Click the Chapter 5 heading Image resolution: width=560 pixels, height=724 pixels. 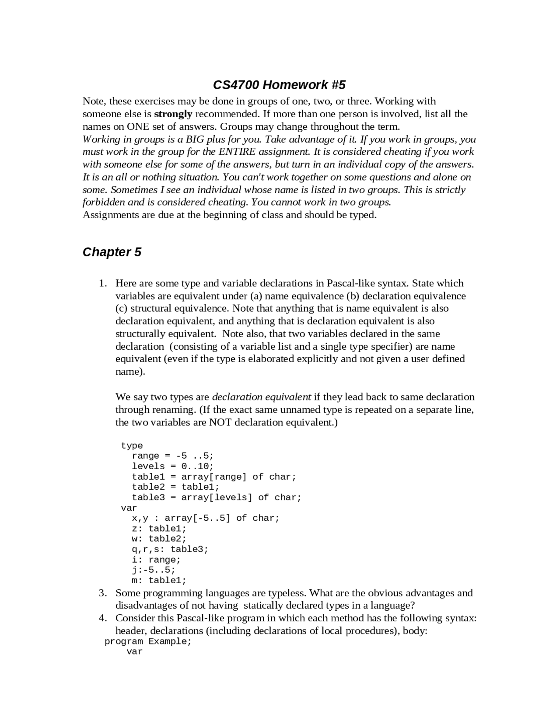(x=112, y=252)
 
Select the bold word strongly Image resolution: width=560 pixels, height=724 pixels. (x=173, y=114)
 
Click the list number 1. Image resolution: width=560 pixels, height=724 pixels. (x=102, y=283)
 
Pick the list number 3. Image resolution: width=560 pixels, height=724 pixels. (x=102, y=593)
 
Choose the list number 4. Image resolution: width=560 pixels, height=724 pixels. (x=102, y=618)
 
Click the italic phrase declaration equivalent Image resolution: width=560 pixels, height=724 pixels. (x=261, y=397)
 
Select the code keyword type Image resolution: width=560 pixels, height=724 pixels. (x=132, y=446)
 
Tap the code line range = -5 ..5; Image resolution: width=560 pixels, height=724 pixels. (x=173, y=456)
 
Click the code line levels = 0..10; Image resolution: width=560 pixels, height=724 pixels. (x=173, y=466)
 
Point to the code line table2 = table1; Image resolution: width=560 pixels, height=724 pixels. (x=175, y=487)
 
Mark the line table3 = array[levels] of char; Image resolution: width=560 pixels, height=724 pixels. (x=217, y=498)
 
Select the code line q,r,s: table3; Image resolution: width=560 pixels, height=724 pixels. (x=170, y=550)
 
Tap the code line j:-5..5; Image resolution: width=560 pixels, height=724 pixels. (x=154, y=570)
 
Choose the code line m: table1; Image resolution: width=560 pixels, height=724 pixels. (x=159, y=581)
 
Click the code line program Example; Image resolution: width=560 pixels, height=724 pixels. (x=148, y=642)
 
